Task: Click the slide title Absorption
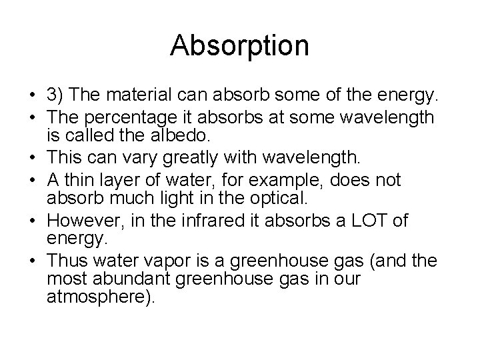click(239, 45)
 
